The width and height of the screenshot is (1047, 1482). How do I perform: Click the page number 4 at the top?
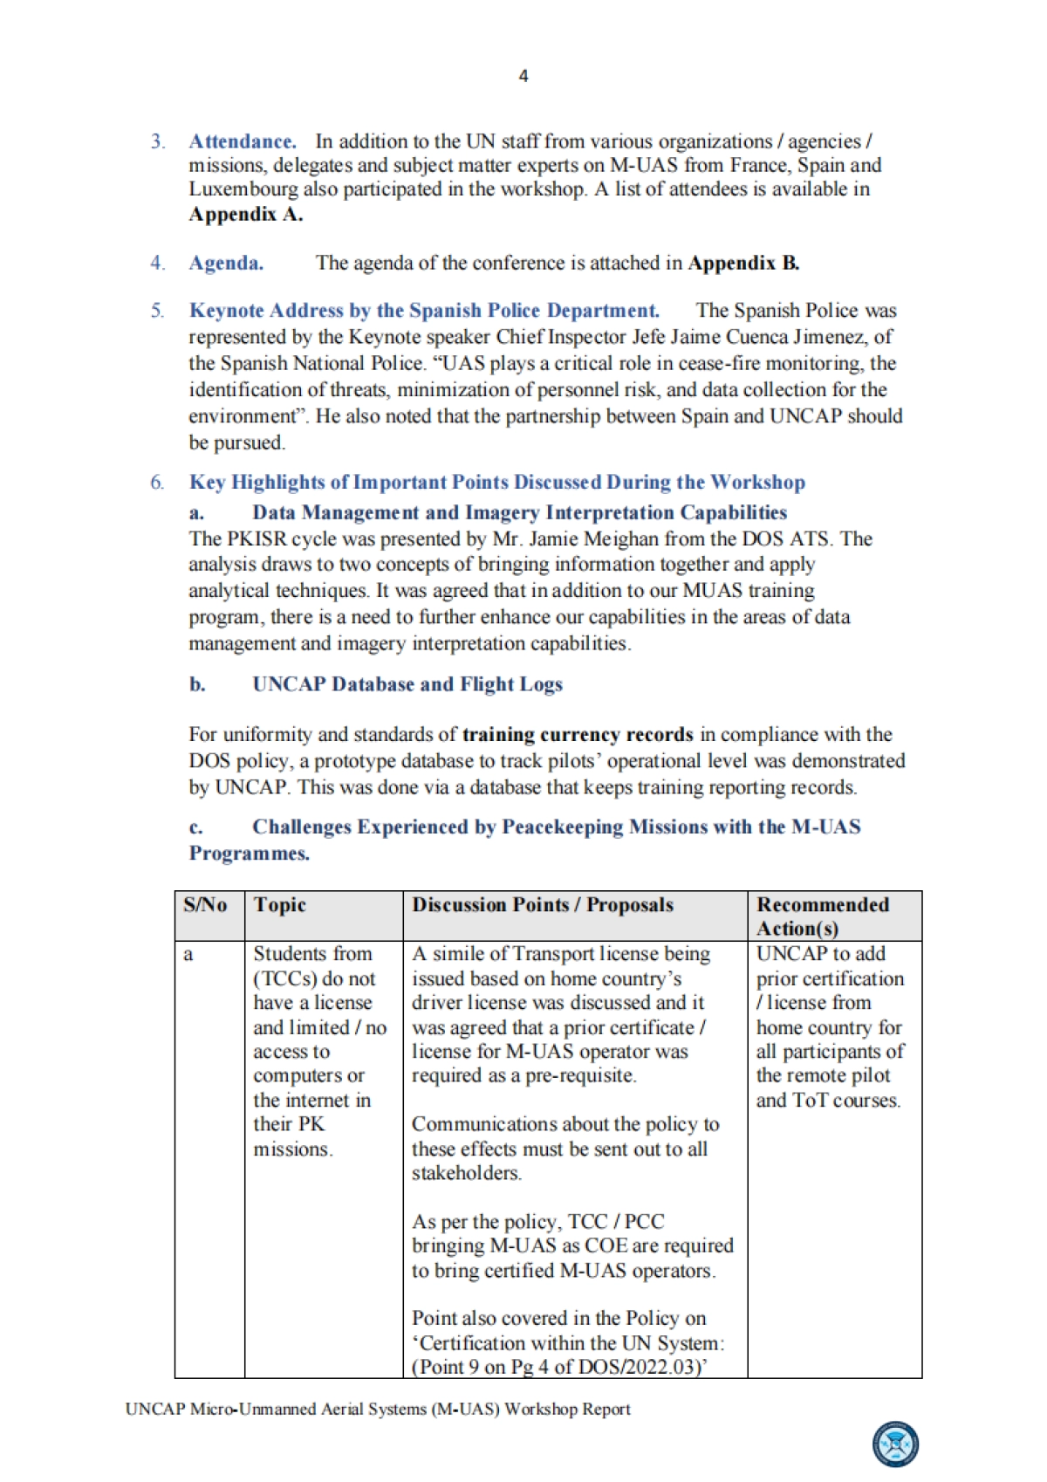tap(523, 76)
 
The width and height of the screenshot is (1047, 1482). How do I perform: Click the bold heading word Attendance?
tap(243, 141)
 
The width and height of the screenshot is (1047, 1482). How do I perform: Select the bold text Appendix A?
tap(246, 214)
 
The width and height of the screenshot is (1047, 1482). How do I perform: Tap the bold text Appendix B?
tap(743, 263)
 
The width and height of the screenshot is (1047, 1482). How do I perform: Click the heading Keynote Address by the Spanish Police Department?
tap(424, 311)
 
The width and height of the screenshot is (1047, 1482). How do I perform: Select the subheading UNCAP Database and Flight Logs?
tap(407, 684)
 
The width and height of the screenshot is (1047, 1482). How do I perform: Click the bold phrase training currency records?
tap(578, 735)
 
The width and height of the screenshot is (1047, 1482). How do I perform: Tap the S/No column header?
tap(206, 905)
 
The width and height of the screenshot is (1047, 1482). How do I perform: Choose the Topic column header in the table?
tap(280, 905)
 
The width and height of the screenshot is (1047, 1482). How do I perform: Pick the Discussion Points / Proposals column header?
tap(543, 905)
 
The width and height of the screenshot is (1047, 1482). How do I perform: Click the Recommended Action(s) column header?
tap(823, 916)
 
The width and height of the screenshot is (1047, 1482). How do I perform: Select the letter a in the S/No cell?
tap(188, 955)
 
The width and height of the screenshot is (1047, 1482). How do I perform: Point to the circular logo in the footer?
tap(896, 1444)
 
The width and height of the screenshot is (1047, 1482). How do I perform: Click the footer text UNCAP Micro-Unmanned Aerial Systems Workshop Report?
tap(378, 1409)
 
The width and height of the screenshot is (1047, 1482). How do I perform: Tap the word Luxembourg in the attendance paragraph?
tap(243, 189)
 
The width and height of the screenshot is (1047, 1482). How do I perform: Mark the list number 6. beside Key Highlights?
tap(157, 483)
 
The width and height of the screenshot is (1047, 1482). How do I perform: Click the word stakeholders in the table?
tap(467, 1173)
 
